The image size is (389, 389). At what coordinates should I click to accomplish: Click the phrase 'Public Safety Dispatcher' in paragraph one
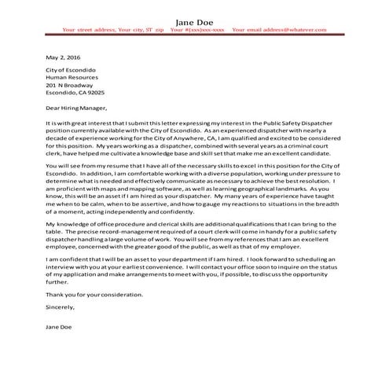coord(302,124)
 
